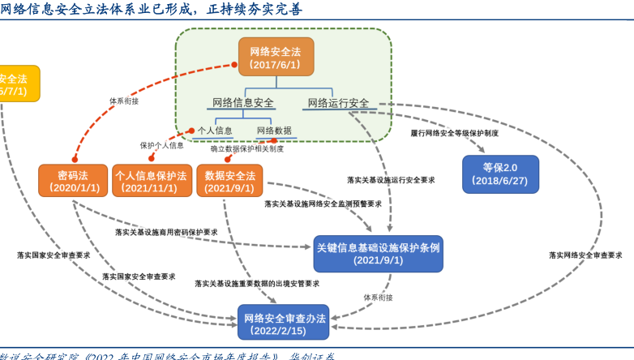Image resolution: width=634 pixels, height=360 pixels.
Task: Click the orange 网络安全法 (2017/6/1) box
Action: click(x=276, y=57)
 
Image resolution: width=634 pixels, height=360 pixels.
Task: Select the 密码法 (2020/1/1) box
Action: click(x=73, y=181)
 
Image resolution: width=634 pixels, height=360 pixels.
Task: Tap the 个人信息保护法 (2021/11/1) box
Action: click(x=150, y=181)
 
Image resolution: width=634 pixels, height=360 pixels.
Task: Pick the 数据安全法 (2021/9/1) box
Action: click(x=229, y=181)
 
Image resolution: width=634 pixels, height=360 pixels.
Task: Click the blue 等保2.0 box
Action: click(x=500, y=174)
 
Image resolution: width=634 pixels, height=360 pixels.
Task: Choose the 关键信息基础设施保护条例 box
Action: click(x=378, y=254)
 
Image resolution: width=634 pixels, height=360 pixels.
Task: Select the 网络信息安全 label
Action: click(x=242, y=103)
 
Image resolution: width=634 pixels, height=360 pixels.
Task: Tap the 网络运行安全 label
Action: click(x=337, y=103)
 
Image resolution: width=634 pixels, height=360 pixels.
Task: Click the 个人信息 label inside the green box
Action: click(x=215, y=131)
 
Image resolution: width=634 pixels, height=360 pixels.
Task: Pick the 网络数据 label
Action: click(x=274, y=131)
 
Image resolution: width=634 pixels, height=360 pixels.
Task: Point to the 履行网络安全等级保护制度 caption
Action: click(x=454, y=132)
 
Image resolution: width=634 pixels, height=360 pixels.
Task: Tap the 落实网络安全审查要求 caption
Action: click(x=585, y=255)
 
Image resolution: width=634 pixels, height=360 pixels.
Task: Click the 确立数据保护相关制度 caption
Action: click(x=247, y=149)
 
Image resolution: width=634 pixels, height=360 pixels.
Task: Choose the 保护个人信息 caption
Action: click(x=161, y=146)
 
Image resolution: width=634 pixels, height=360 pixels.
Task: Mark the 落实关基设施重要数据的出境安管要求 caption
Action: click(x=257, y=284)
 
